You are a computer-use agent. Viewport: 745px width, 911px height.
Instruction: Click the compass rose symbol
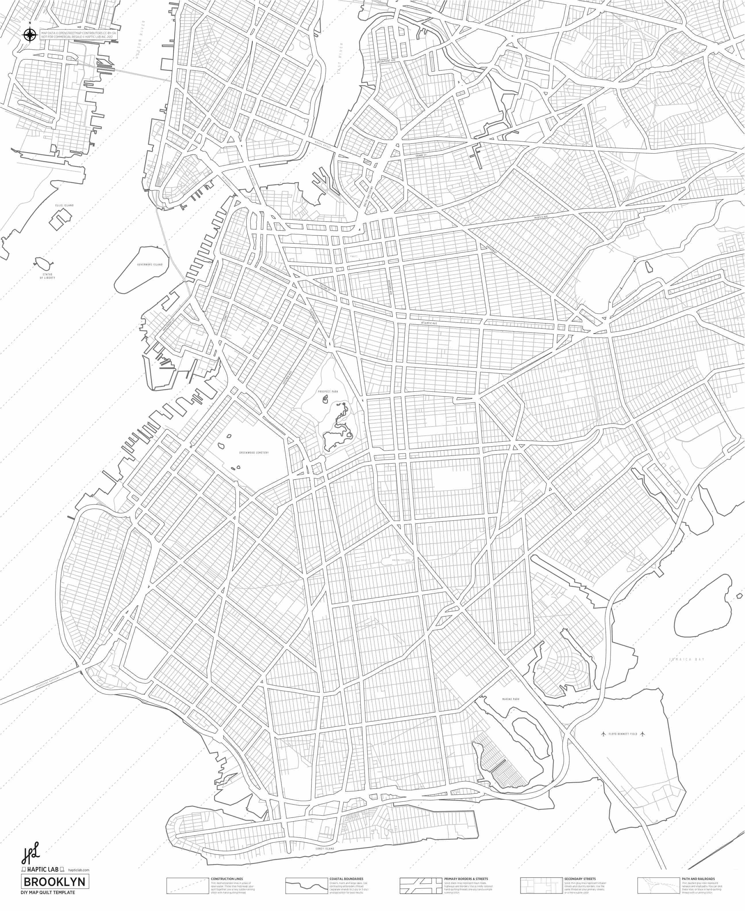(30, 35)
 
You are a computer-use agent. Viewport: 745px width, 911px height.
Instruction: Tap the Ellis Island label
(64, 205)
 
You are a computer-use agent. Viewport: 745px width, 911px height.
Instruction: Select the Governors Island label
(150, 265)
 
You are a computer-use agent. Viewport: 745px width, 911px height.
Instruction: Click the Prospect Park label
(328, 392)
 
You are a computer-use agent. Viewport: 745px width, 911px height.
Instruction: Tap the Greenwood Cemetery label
(254, 453)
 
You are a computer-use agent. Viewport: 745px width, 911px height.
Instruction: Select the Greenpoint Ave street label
(386, 61)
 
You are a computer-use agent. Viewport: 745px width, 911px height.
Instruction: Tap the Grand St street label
(421, 154)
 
